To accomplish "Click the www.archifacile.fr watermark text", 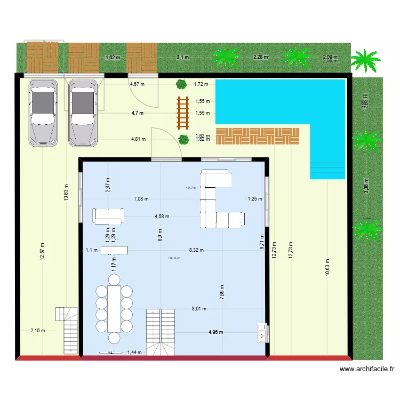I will coord(366,369).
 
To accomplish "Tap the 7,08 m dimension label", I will coord(141,199).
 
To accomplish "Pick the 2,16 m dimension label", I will coord(37,330).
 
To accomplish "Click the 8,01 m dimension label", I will coord(199,308).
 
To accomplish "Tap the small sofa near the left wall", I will coord(108,215).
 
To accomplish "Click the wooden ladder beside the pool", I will coord(183,113).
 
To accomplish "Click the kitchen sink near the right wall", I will coord(261,331).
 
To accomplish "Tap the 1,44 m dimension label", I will coord(134,353).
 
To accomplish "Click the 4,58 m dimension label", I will coord(162,217).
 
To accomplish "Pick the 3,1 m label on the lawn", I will coord(182,57).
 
